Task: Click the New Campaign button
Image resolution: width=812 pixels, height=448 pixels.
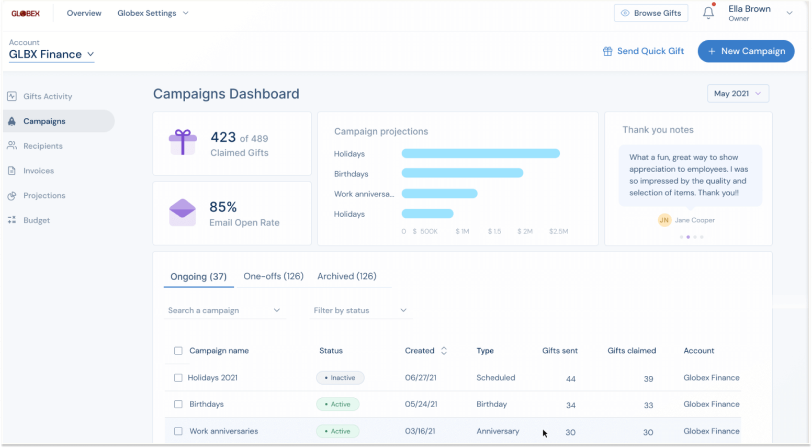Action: click(x=746, y=51)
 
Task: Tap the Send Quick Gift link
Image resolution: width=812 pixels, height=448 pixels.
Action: click(x=643, y=51)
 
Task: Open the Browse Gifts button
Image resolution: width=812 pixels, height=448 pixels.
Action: click(x=651, y=13)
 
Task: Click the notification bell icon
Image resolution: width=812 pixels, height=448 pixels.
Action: click(x=708, y=13)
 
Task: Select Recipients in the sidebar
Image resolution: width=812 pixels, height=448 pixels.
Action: click(x=43, y=146)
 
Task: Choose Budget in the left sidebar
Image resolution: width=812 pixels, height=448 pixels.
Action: click(x=36, y=220)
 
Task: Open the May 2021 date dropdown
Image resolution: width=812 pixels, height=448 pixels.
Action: click(x=738, y=94)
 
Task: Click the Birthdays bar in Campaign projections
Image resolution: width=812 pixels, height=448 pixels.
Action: click(x=462, y=173)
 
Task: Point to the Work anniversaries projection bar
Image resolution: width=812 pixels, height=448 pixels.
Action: click(x=439, y=193)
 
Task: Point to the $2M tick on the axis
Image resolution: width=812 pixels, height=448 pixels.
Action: click(x=525, y=231)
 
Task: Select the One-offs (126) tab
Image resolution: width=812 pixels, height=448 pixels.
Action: click(x=273, y=276)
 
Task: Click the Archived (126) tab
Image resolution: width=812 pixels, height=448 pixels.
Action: click(x=347, y=276)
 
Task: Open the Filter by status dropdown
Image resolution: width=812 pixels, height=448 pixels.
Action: click(x=360, y=310)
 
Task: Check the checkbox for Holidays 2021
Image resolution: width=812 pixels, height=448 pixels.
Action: click(x=178, y=378)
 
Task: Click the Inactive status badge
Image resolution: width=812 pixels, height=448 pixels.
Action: click(x=340, y=378)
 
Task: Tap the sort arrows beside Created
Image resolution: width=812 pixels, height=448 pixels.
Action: click(x=444, y=351)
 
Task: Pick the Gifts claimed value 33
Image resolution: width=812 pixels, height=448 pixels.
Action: click(x=648, y=405)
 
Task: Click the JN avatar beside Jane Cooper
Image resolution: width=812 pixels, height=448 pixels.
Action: click(x=664, y=220)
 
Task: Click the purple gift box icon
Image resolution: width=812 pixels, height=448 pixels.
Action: click(x=183, y=142)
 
